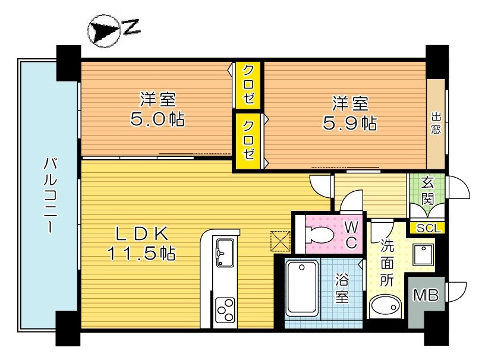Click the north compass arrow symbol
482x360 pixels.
coord(103,31)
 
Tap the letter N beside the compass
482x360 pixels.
coord(131,27)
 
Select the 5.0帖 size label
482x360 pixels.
coord(157,119)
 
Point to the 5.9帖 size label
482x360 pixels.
coord(350,123)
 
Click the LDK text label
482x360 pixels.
coord(142,233)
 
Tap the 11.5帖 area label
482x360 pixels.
coord(141,254)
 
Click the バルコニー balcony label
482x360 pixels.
coord(50,195)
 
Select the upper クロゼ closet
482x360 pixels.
coord(248,85)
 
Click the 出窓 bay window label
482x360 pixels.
coord(436,123)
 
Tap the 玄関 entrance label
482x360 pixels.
coord(427,191)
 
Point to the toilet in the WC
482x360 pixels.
coord(319,235)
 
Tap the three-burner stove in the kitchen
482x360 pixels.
coord(225,310)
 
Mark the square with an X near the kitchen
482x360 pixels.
coord(280,241)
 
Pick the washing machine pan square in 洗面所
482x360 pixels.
coord(423,255)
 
